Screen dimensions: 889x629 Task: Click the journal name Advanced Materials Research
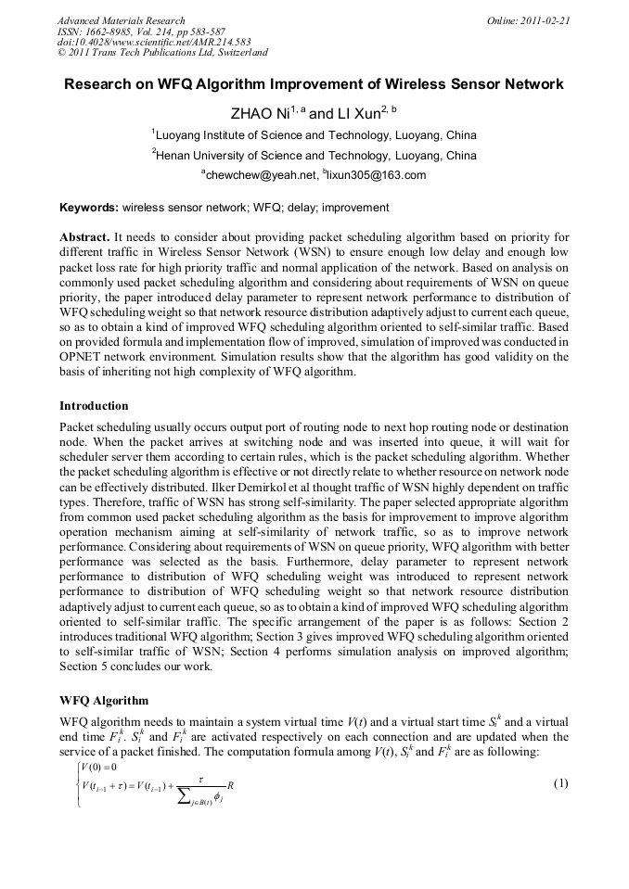[121, 19]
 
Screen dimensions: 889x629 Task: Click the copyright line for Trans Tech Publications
[162, 53]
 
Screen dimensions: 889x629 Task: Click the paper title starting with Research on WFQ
[314, 84]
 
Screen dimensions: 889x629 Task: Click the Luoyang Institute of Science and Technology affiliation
[316, 134]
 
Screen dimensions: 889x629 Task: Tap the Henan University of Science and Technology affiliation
[316, 156]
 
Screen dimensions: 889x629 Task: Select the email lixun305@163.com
[376, 175]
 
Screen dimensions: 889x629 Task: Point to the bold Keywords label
[88, 208]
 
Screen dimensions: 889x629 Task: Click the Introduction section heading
[94, 406]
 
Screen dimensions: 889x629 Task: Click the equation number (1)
[560, 783]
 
